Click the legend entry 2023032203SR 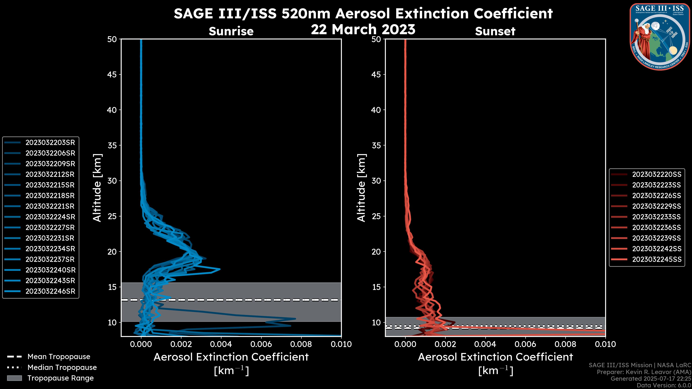point(50,143)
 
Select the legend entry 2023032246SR point(50,291)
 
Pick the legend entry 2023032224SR point(50,217)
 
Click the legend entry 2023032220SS point(656,175)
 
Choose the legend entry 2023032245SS point(656,260)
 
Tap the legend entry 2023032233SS point(656,217)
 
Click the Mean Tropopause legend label point(59,357)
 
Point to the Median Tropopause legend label point(62,368)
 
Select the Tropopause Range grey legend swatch point(14,378)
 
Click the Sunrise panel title point(231,31)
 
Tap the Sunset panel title point(495,31)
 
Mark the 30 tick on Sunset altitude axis point(376,181)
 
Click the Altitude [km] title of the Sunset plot point(361,188)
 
